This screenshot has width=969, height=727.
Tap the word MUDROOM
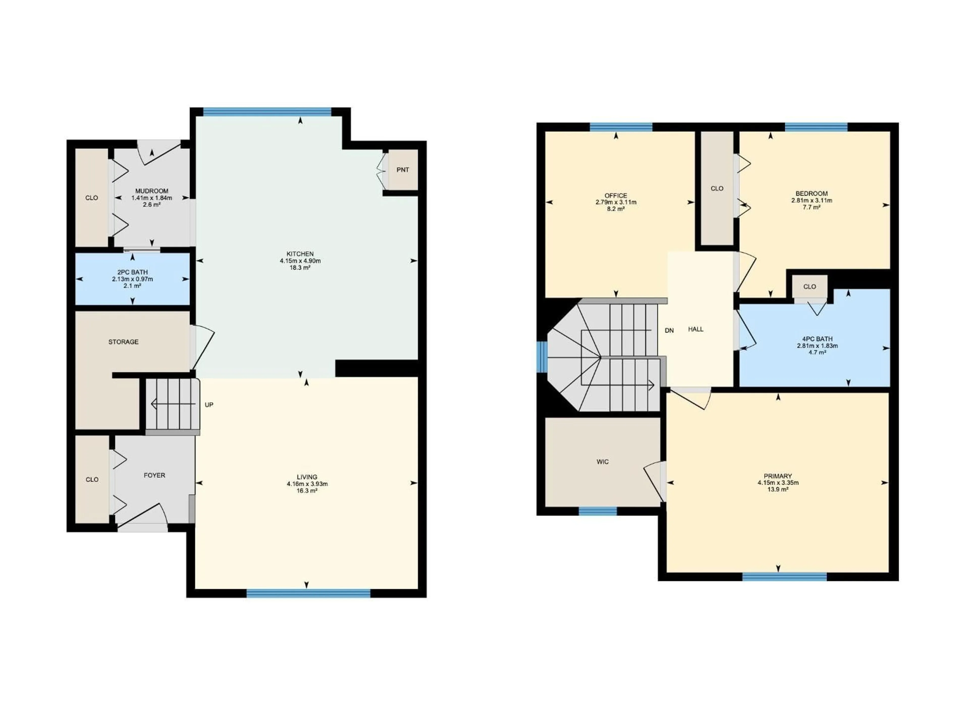click(x=152, y=191)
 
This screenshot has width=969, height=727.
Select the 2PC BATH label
click(x=132, y=272)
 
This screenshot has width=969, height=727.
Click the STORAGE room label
click(x=124, y=342)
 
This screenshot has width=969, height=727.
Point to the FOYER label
click(x=154, y=476)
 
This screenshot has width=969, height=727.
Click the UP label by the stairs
click(x=209, y=405)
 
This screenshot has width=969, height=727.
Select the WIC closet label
click(x=602, y=462)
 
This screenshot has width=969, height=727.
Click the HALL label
click(x=696, y=329)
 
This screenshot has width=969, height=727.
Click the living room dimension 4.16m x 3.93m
click(x=307, y=484)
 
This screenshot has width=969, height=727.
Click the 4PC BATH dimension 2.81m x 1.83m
click(x=817, y=346)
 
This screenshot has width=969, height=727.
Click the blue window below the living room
click(x=308, y=593)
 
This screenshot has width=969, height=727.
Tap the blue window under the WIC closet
click(x=598, y=511)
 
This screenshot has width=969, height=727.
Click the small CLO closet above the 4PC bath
click(x=810, y=287)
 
